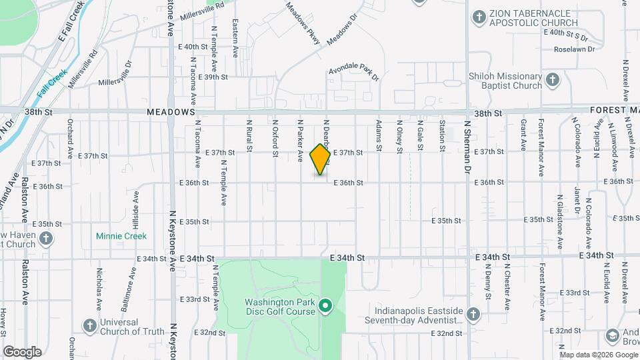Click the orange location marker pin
point(321,158)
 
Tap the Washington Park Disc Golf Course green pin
point(325,306)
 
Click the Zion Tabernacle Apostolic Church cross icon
point(478,16)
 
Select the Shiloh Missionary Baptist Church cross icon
point(551,81)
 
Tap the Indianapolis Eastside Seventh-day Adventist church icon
point(472,314)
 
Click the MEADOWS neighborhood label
point(171,113)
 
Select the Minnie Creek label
point(121,236)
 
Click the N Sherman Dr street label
point(467,143)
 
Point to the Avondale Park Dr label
point(354,73)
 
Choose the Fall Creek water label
point(52,85)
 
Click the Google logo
point(22,351)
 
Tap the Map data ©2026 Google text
point(598,354)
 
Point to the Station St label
point(441,135)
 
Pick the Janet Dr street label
point(577,198)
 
